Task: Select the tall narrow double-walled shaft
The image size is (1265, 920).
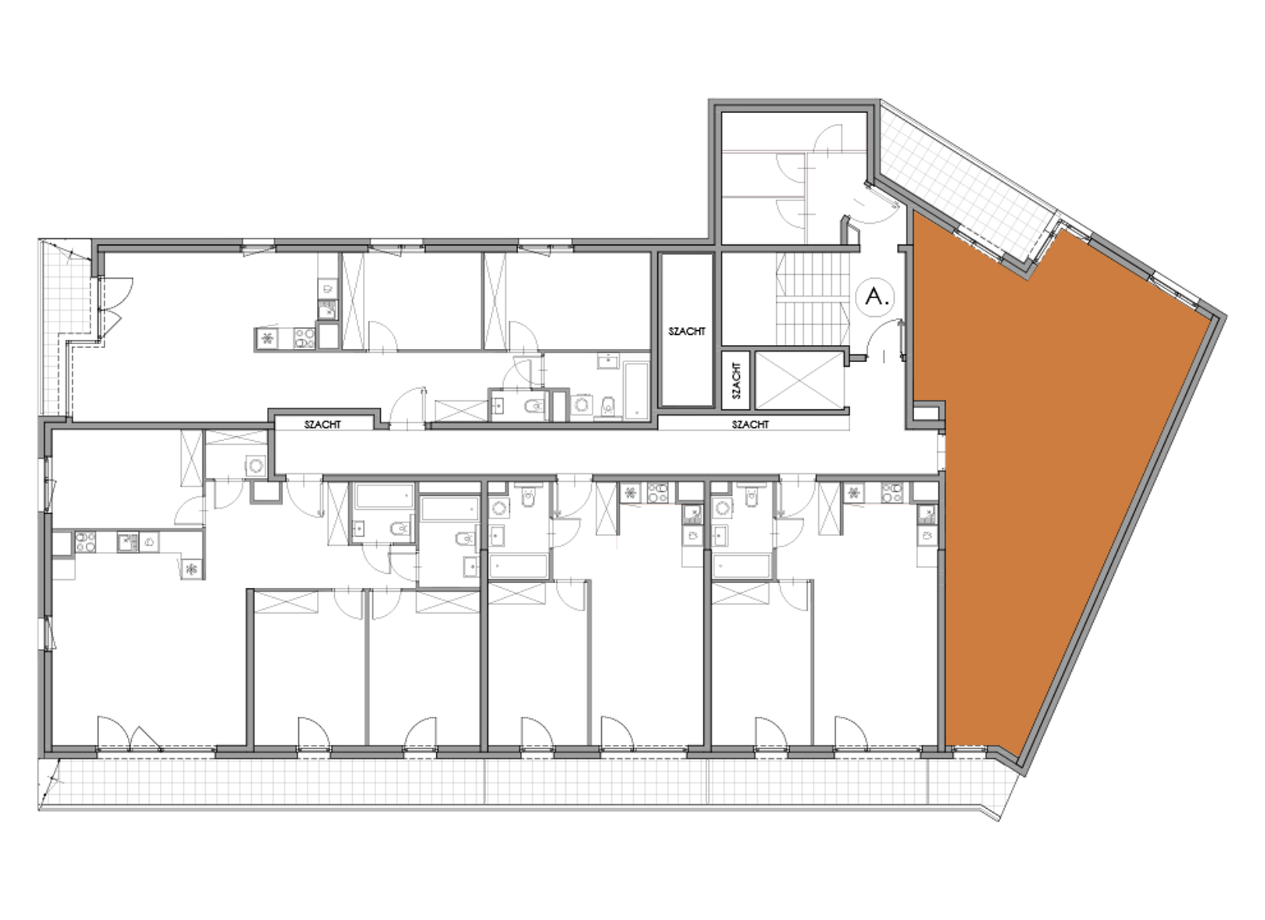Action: pyautogui.click(x=686, y=330)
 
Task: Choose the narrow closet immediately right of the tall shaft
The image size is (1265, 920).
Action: pyautogui.click(x=736, y=379)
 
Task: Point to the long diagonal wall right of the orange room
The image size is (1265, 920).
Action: pyautogui.click(x=1119, y=546)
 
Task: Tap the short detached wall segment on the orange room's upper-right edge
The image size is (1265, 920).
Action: pyautogui.click(x=1121, y=254)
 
